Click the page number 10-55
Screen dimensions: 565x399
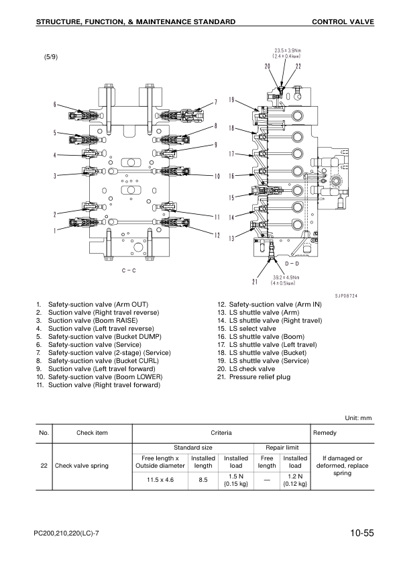tap(361, 533)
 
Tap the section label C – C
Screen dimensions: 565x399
tap(129, 270)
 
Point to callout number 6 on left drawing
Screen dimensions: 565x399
tap(55, 104)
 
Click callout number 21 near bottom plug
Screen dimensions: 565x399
tap(255, 280)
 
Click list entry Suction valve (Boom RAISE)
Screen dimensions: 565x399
tap(92, 321)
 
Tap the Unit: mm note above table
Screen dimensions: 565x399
tap(357, 417)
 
